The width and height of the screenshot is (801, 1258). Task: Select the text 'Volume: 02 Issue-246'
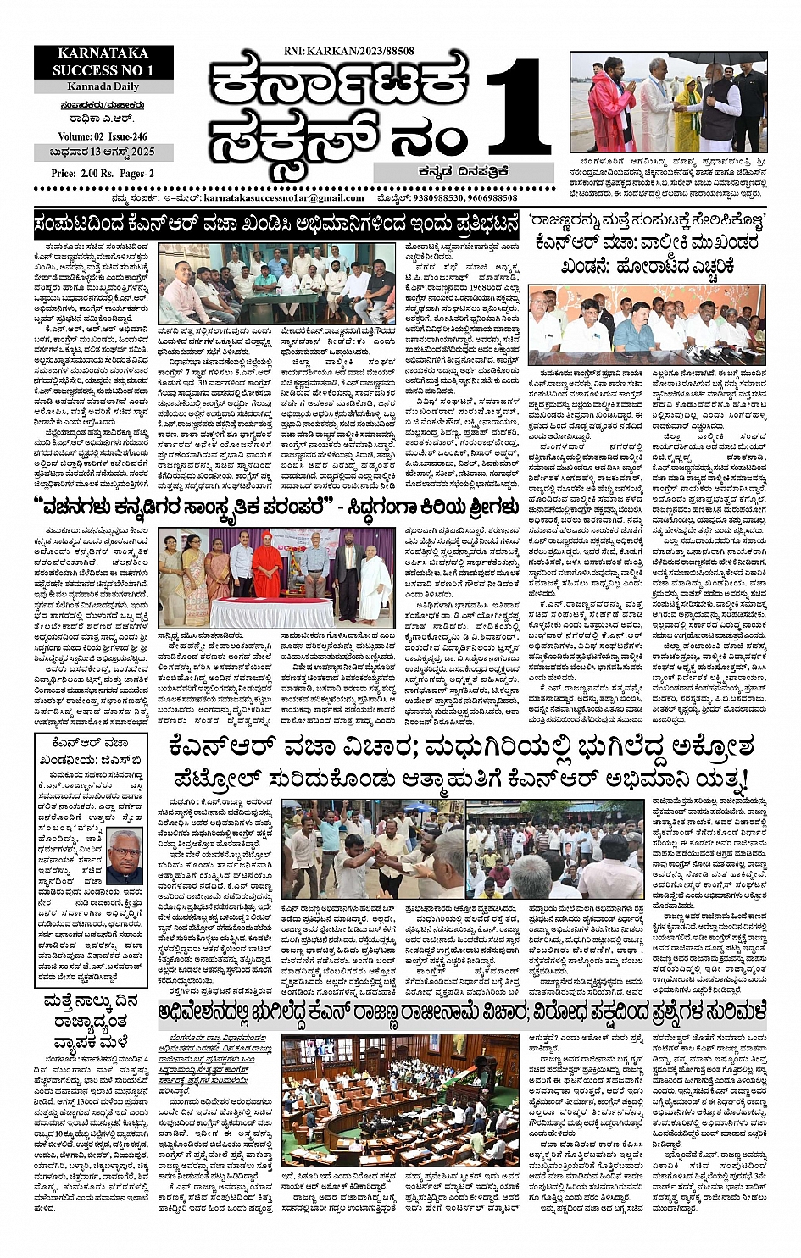tap(103, 137)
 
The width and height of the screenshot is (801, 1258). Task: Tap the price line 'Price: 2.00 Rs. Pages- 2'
tap(103, 173)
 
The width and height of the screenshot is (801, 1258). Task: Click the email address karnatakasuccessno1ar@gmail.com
tap(284, 197)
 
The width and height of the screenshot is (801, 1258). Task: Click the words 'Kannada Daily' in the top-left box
tap(103, 86)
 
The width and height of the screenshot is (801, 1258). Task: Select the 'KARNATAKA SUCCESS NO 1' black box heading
tap(103, 62)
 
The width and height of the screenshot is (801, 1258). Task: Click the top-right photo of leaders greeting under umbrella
tap(668, 102)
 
